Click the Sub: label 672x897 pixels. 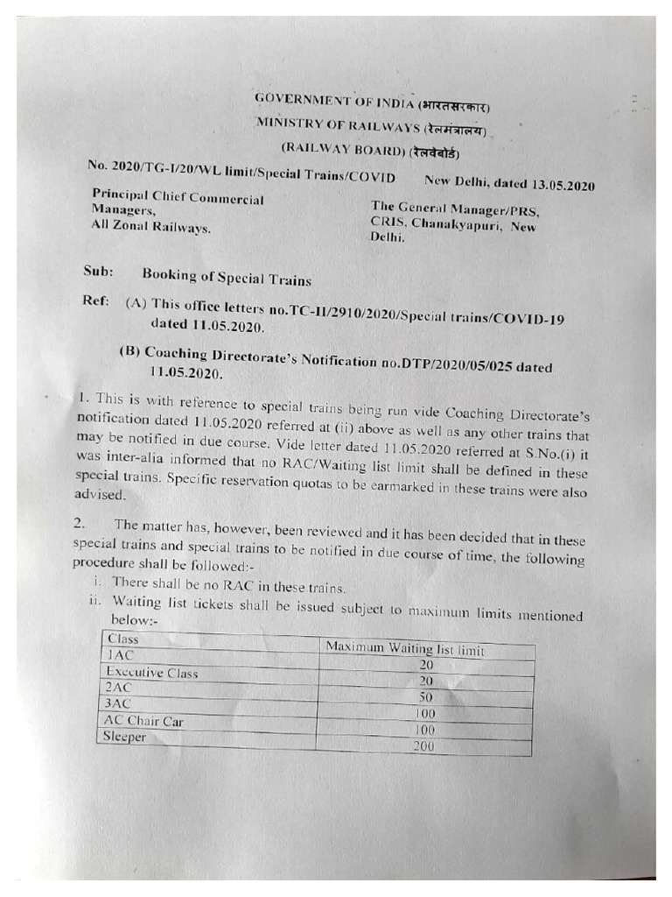click(98, 272)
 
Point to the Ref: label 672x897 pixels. click(95, 300)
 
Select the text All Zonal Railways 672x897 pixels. click(150, 227)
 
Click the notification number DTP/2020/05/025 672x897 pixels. click(465, 364)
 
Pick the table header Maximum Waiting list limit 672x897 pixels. click(404, 649)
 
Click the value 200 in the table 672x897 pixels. click(425, 746)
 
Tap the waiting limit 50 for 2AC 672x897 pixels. click(426, 696)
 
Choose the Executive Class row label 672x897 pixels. click(151, 673)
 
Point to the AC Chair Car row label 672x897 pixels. click(143, 721)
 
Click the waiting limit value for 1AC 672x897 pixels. click(426, 665)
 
